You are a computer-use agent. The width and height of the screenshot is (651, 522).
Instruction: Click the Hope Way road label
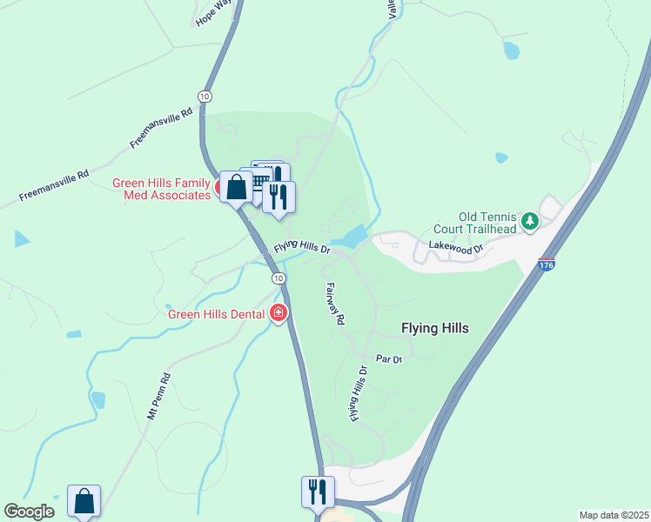[208, 15]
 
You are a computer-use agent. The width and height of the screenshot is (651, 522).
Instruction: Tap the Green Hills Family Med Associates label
[162, 189]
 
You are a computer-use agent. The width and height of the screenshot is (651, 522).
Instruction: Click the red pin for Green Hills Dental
[279, 312]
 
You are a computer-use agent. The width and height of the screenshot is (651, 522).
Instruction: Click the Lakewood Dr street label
[453, 250]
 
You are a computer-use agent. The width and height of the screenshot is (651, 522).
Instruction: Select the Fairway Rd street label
[333, 303]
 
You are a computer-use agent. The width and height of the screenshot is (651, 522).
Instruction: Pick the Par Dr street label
[388, 358]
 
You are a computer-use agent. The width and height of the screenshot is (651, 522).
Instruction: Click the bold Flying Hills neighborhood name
[434, 328]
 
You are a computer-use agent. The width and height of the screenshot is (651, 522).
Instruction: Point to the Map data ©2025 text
[614, 515]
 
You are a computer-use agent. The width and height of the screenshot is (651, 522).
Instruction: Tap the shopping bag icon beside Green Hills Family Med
[236, 185]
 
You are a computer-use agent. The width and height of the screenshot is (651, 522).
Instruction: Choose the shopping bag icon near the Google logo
[84, 500]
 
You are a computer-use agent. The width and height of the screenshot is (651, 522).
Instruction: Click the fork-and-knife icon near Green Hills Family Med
[279, 196]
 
